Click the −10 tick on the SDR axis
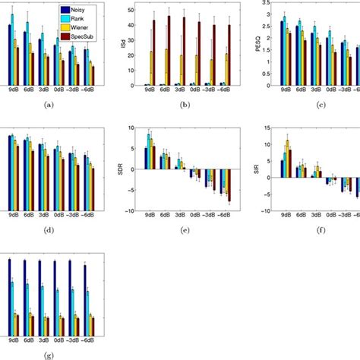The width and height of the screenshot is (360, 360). tap(133, 211)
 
